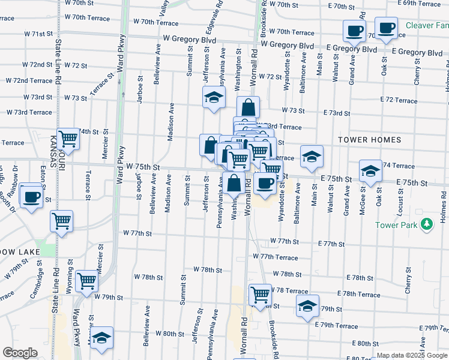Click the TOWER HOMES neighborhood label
369,140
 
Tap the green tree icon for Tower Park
427,224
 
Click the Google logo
20,353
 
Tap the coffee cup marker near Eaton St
32,196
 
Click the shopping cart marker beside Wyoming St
87,280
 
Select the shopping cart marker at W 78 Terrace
260,294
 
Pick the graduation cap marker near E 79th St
307,306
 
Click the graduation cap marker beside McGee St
370,170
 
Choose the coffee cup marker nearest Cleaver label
386,27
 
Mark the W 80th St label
169,334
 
